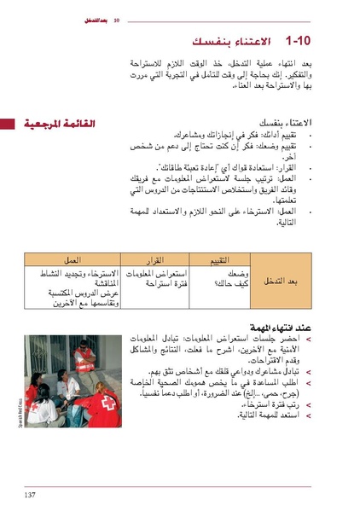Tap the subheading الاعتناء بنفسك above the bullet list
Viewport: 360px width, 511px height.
284,124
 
